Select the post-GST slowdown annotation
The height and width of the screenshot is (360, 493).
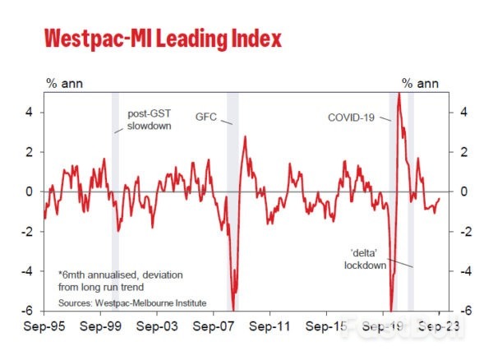click(148, 120)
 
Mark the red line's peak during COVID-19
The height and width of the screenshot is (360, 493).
click(399, 95)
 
